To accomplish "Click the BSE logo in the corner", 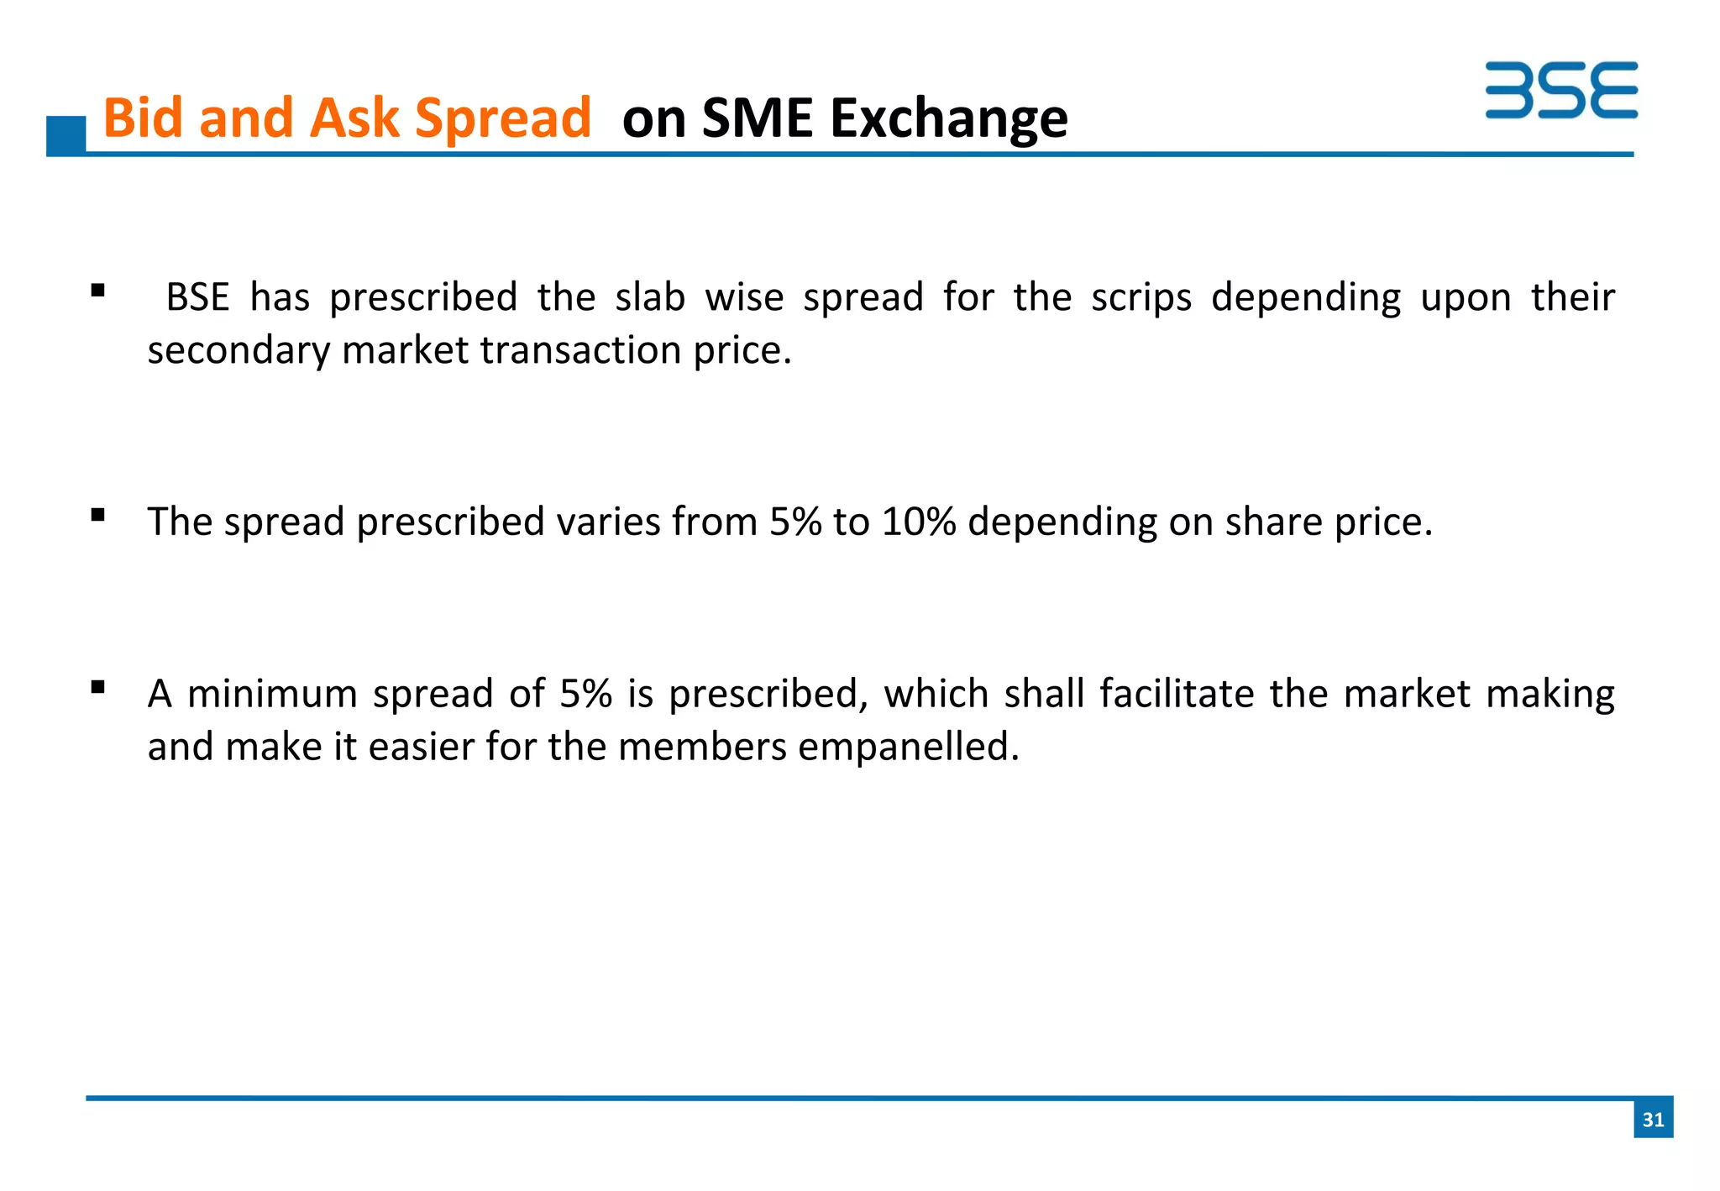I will (1560, 90).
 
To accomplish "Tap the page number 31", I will (1653, 1119).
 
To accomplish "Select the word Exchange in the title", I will (949, 118).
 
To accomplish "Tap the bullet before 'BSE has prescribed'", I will (98, 291).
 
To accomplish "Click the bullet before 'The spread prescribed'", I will (98, 515).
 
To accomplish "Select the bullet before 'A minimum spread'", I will (98, 687).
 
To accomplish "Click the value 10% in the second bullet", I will (919, 522).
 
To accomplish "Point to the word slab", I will (649, 297).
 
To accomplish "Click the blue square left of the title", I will (66, 135).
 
